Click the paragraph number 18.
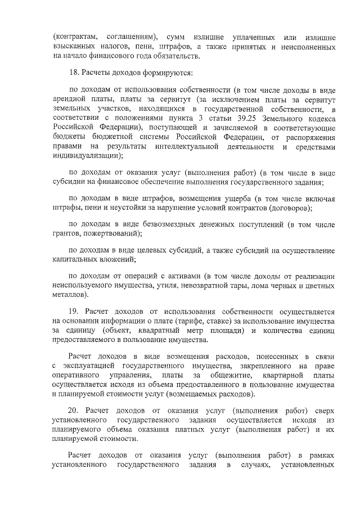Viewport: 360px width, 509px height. click(x=74, y=74)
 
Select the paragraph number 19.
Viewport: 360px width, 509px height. click(x=73, y=312)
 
